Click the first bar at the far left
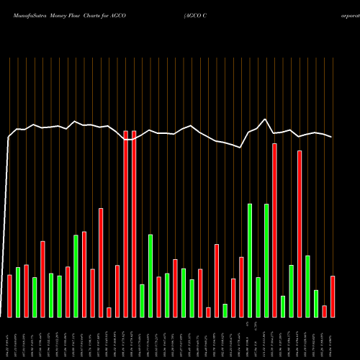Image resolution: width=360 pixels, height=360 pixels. pos(9,296)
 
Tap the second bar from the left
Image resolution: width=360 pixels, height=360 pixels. pos(18,292)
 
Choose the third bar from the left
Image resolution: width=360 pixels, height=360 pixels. pos(26,291)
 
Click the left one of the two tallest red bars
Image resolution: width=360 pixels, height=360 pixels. pos(126,224)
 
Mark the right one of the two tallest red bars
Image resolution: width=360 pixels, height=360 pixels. pos(134,224)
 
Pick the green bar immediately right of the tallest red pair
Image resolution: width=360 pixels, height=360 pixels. pos(143,301)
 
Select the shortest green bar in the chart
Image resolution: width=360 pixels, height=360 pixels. pos(225,310)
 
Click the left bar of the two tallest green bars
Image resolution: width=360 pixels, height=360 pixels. pos(250,261)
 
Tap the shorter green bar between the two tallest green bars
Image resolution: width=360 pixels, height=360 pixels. pos(258,297)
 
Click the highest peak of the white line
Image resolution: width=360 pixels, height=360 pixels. pos(266,120)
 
